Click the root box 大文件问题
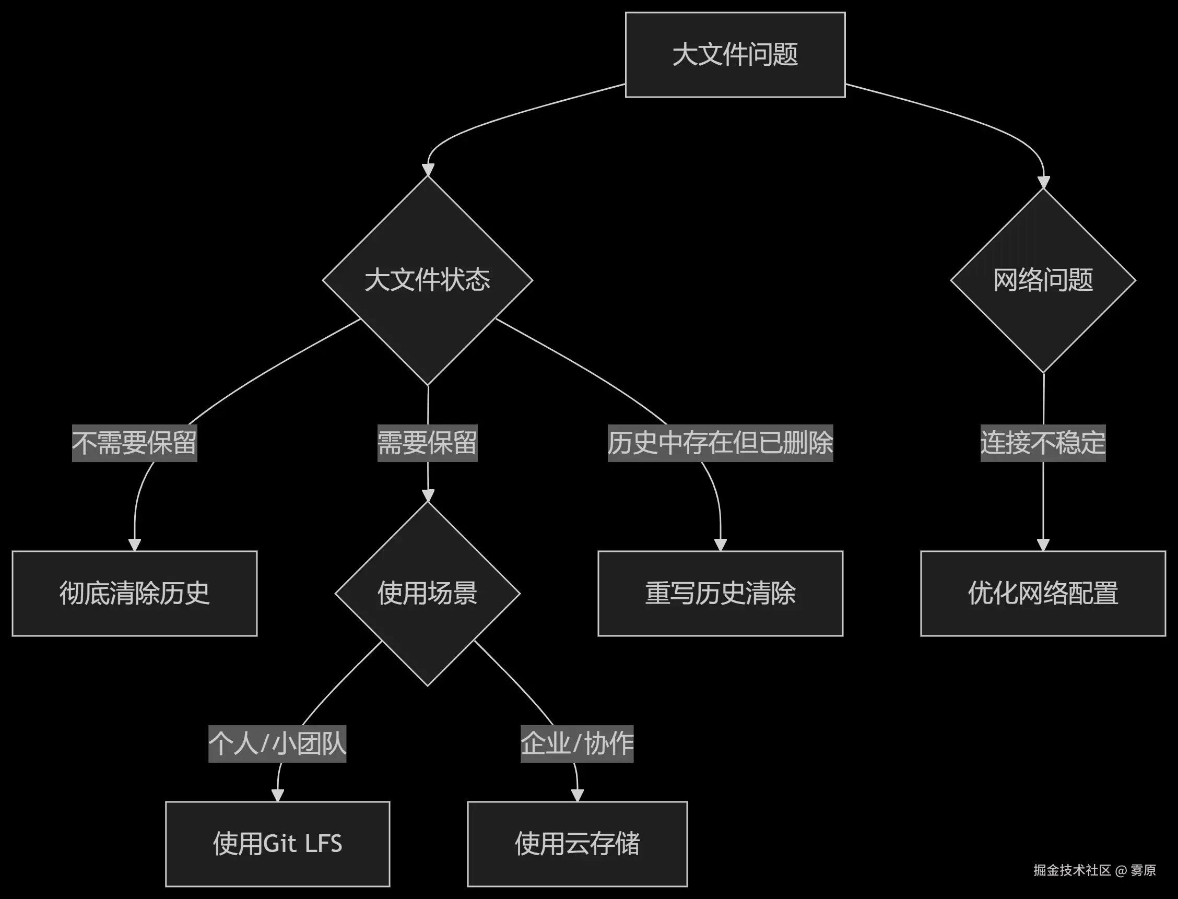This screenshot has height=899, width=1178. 735,55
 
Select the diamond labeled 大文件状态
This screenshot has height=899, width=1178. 427,280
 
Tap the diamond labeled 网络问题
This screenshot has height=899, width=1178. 1043,280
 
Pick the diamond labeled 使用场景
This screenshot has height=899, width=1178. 427,593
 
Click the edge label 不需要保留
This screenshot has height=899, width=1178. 134,443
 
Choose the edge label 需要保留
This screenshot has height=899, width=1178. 427,443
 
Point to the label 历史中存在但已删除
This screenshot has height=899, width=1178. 720,443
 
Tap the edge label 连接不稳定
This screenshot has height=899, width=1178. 1043,443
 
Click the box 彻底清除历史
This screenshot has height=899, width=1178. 134,593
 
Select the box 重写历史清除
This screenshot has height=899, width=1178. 720,593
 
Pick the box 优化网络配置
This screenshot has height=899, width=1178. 1043,593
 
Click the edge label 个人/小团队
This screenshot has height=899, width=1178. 277,743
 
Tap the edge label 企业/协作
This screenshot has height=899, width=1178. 577,743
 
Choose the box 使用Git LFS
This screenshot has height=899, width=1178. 277,844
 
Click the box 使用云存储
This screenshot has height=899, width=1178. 577,844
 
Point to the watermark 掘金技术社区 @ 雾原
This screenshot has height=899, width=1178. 1094,870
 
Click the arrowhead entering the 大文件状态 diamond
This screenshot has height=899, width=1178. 428,170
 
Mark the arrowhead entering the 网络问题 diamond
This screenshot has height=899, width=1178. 1043,182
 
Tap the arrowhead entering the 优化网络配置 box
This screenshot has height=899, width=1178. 1043,545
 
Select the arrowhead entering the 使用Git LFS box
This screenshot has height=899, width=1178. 277,795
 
